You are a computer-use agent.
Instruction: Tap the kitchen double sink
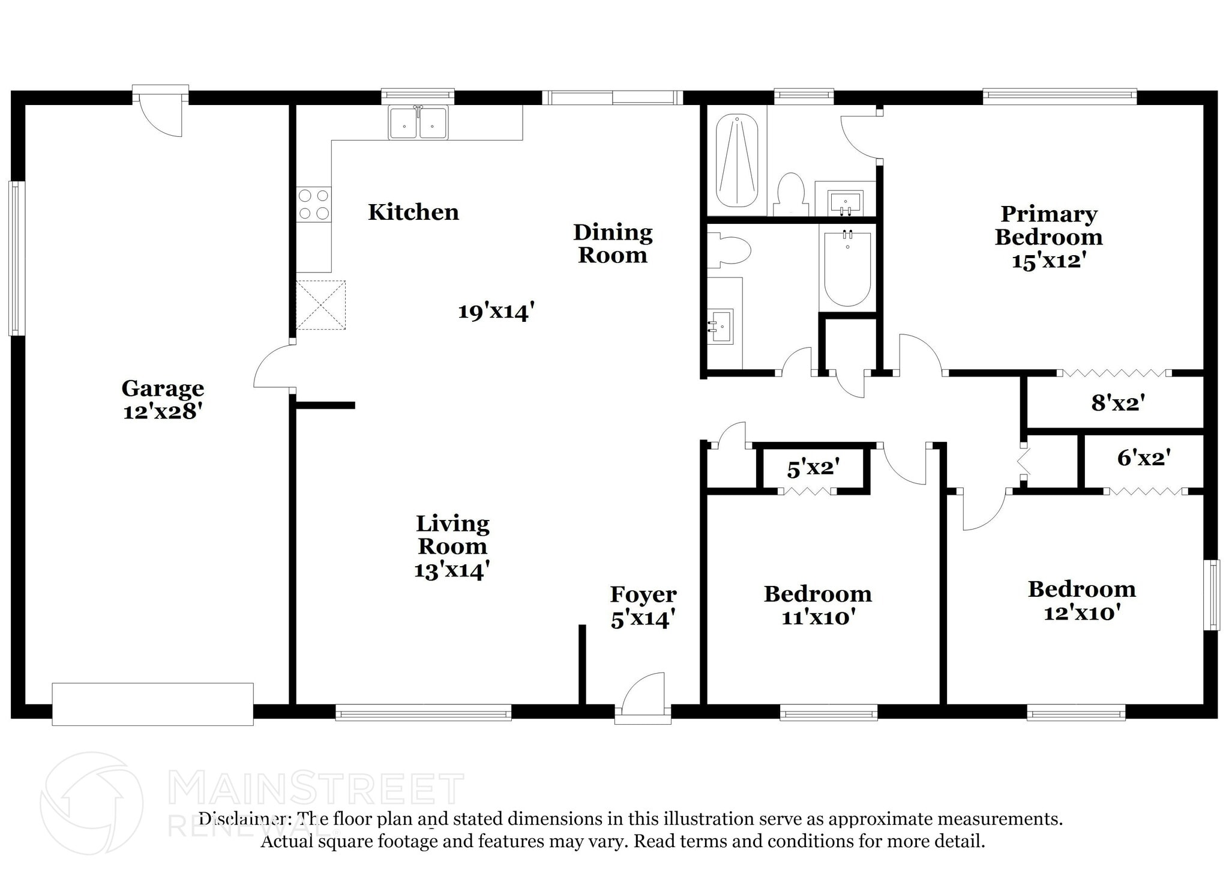(418, 123)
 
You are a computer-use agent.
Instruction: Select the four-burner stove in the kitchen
(314, 204)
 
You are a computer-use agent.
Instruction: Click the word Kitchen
(413, 212)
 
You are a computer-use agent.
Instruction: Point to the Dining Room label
(612, 243)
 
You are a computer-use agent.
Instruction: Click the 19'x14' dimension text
(496, 312)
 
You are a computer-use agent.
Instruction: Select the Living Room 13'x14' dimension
(452, 570)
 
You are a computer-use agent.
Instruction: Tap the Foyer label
(643, 594)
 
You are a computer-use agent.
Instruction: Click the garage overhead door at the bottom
(152, 704)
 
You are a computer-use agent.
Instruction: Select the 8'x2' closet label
(1117, 403)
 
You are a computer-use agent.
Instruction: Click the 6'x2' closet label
(1143, 459)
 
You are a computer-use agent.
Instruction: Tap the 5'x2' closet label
(813, 468)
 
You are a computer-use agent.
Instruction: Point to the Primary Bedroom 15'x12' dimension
(1049, 261)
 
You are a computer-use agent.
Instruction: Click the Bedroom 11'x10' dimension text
(817, 617)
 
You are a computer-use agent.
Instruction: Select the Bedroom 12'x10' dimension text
(1081, 613)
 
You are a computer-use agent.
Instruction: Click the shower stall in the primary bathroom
(738, 160)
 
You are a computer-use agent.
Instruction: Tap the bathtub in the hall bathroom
(847, 270)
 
